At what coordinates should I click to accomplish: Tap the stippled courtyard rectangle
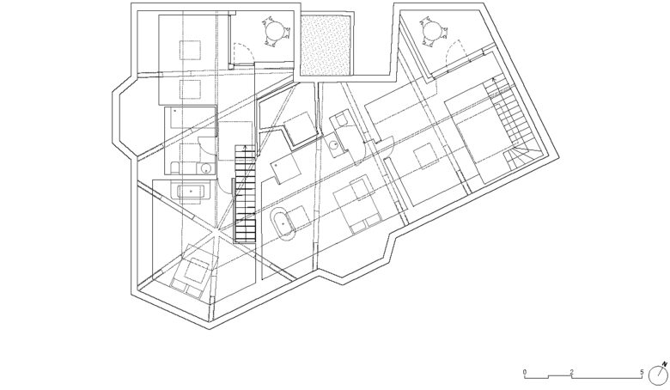pos(326,45)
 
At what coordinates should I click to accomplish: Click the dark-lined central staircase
pos(246,194)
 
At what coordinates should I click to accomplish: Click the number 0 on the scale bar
pos(525,373)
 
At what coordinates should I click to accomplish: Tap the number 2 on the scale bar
pos(571,373)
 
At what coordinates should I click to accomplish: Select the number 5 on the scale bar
pos(642,373)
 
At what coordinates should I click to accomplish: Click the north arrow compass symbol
pos(658,374)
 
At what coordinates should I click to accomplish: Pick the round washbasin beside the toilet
pos(206,168)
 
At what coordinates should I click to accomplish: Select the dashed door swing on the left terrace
pos(245,52)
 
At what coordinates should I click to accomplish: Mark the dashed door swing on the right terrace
pos(454,51)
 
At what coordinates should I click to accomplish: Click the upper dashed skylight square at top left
pos(190,50)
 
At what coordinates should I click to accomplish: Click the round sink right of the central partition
pos(334,145)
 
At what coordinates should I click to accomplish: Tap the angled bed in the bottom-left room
pos(192,273)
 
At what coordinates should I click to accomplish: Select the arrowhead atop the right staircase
pos(495,79)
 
